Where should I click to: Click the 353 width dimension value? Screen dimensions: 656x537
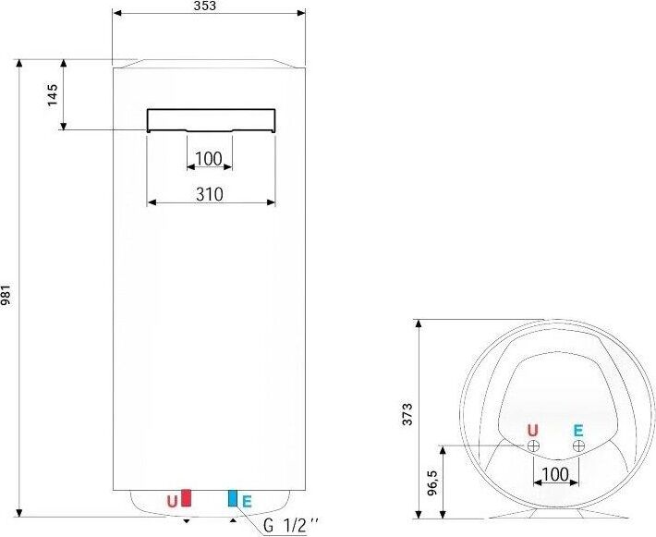pyautogui.click(x=205, y=6)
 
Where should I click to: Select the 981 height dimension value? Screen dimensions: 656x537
pyautogui.click(x=6, y=295)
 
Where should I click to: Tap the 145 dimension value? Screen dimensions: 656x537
pyautogui.click(x=53, y=95)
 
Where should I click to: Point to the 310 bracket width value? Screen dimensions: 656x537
pyautogui.click(x=210, y=194)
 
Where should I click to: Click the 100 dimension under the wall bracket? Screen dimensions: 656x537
pyautogui.click(x=209, y=159)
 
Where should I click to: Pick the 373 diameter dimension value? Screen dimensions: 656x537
pyautogui.click(x=407, y=414)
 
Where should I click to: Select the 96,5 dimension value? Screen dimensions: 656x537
pyautogui.click(x=431, y=483)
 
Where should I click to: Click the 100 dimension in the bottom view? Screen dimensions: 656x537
pyautogui.click(x=554, y=475)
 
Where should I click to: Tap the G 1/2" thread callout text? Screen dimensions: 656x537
pyautogui.click(x=291, y=526)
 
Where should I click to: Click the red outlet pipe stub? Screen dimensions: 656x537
pyautogui.click(x=186, y=497)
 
